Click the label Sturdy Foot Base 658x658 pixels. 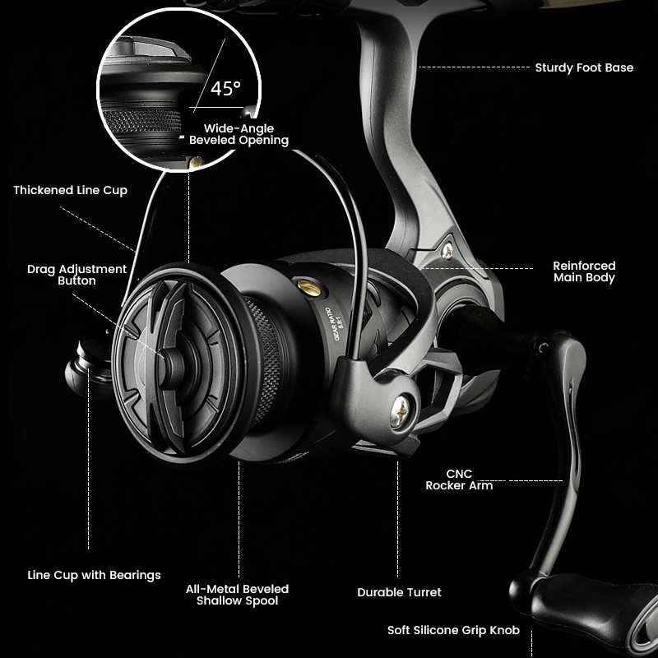pyautogui.click(x=584, y=67)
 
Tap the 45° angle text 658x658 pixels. pyautogui.click(x=225, y=90)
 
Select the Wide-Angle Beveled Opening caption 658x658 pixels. pyautogui.click(x=239, y=134)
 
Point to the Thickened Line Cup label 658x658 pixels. pyautogui.click(x=70, y=190)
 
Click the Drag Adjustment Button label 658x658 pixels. pyautogui.click(x=76, y=275)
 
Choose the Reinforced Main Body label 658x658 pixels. pyautogui.click(x=584, y=271)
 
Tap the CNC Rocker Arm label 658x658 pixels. pyautogui.click(x=459, y=480)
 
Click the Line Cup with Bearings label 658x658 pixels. pyautogui.click(x=94, y=575)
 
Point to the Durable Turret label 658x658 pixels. pyautogui.click(x=399, y=592)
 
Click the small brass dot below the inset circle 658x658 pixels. pyautogui.click(x=195, y=164)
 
